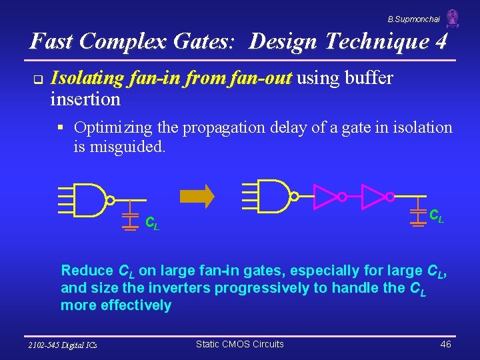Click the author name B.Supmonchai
[413, 20]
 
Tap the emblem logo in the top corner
[453, 18]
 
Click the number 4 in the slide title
[441, 41]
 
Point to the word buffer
[368, 79]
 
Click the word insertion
[85, 100]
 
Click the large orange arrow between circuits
[198, 195]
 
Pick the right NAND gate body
[272, 196]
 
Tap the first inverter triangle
[325, 197]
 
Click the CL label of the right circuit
[436, 215]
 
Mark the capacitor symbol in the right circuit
[418, 213]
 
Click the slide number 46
[446, 344]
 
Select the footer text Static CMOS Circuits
[239, 344]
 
